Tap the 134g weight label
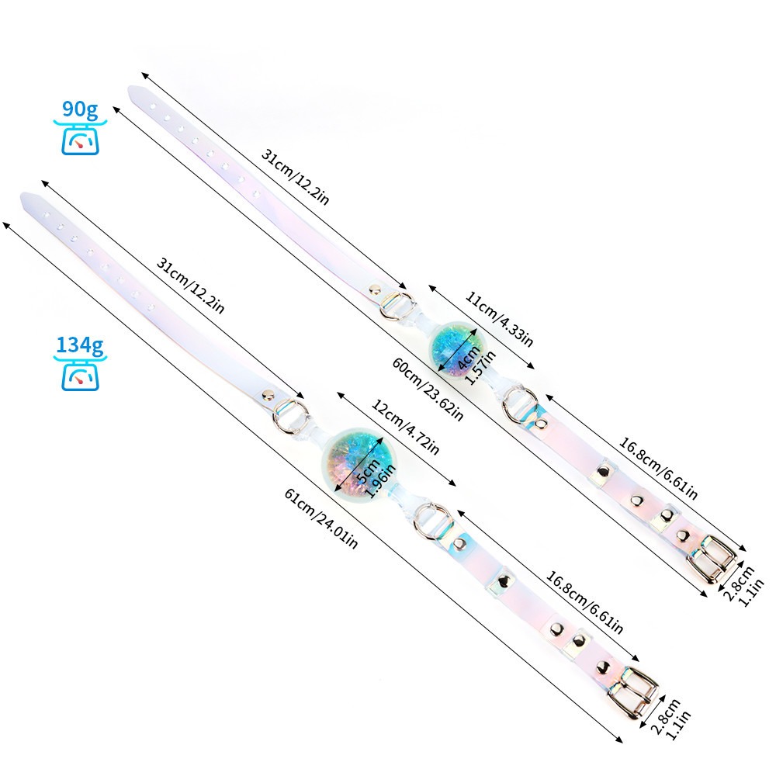click(78, 345)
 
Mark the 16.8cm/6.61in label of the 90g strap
click(658, 469)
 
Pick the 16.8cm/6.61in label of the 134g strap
click(583, 602)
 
